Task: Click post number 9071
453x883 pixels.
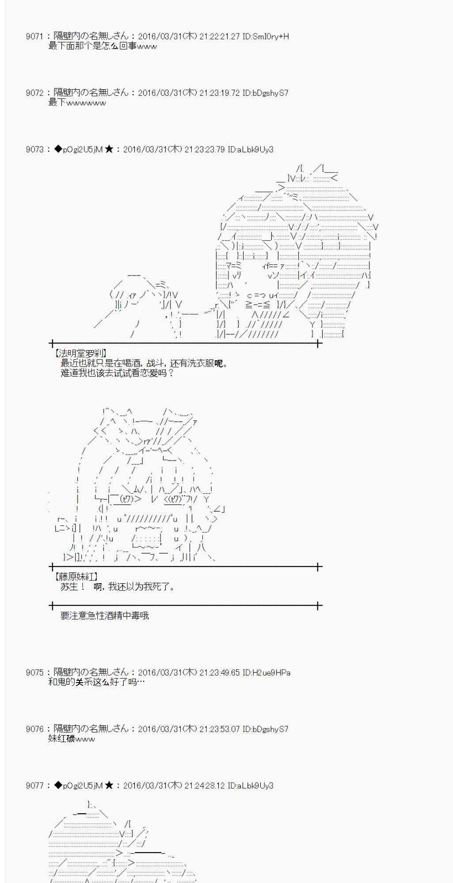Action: coord(34,37)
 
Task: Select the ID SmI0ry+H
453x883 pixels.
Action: coord(266,37)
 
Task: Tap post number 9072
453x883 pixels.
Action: coord(34,93)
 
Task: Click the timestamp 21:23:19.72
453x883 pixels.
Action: coord(219,93)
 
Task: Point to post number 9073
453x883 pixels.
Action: coord(34,150)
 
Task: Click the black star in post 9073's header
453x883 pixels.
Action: coord(109,150)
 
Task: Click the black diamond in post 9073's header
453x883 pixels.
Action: coord(58,150)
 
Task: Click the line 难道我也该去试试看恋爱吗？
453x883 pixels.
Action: coord(117,373)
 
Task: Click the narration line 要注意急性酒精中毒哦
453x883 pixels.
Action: coord(105,615)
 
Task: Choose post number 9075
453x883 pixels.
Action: coord(34,672)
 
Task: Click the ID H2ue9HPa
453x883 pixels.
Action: coord(266,672)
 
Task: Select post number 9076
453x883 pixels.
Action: coord(34,729)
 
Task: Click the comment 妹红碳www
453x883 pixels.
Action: coord(71,739)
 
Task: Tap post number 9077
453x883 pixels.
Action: coord(34,785)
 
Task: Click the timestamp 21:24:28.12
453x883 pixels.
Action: coord(204,785)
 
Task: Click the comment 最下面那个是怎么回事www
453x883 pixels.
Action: coord(102,46)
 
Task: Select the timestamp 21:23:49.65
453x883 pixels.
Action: coord(219,672)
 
